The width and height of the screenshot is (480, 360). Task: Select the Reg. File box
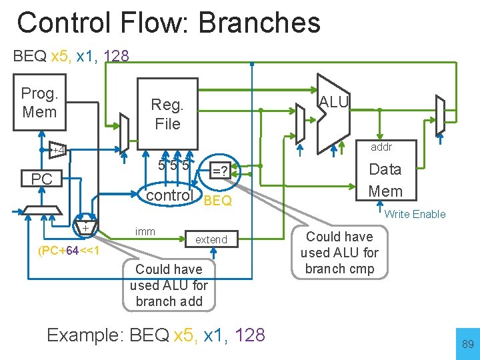coord(167,113)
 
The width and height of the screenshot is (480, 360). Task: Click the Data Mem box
coord(385,180)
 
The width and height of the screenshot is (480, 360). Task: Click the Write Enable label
coord(415,214)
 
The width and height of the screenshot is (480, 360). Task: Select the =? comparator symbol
coord(219,171)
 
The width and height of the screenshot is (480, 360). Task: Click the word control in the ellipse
coord(169,195)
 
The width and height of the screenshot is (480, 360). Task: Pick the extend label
coord(211,239)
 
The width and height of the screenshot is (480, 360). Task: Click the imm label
coord(145,231)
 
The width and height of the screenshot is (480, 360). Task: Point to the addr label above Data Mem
coord(381,147)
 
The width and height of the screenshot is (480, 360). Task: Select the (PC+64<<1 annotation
coord(69,251)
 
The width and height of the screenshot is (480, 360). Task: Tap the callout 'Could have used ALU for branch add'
coord(169,285)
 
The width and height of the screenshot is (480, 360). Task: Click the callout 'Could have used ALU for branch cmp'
coord(339,253)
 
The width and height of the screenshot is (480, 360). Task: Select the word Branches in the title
coord(259,23)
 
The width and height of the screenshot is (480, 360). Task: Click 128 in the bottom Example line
coord(250,335)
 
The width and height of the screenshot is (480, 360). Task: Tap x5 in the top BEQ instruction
coord(62,57)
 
